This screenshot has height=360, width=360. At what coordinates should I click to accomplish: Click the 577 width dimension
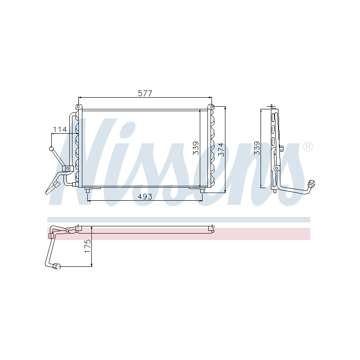[145, 93]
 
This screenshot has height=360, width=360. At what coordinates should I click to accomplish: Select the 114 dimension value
[60, 130]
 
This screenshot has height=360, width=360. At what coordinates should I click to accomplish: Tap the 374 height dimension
[220, 149]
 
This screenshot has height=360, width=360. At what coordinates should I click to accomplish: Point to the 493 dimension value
[145, 197]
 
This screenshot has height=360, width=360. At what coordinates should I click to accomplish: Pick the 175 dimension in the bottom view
[88, 246]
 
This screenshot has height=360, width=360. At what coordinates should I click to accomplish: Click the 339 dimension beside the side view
[257, 148]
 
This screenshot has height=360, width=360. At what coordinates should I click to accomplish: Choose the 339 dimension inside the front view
[196, 148]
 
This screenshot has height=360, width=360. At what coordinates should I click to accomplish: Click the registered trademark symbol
[307, 147]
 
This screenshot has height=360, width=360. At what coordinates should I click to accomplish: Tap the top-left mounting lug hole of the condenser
[78, 107]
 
